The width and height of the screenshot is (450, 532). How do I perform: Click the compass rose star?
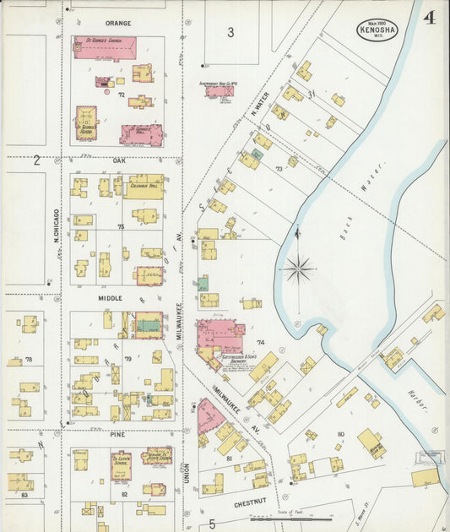coord(297,270)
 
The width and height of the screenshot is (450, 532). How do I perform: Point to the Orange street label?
coord(118,23)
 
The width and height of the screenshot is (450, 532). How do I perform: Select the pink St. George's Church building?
coord(106,47)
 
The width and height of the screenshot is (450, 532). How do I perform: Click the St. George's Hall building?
coord(141,134)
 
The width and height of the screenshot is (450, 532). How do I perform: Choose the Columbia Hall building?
coord(145,187)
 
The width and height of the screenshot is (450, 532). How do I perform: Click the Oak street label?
coord(118,159)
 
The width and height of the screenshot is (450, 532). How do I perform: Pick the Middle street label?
coord(110,298)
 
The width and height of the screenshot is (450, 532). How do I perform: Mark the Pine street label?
coord(117,433)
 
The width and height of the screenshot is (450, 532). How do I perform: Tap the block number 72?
coord(121,95)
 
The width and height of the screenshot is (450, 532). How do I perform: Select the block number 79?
coord(128,359)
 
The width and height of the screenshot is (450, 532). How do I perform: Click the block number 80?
coord(341,434)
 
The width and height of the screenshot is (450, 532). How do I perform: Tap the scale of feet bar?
coord(291,518)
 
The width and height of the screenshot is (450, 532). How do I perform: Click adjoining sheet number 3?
coord(230,33)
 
